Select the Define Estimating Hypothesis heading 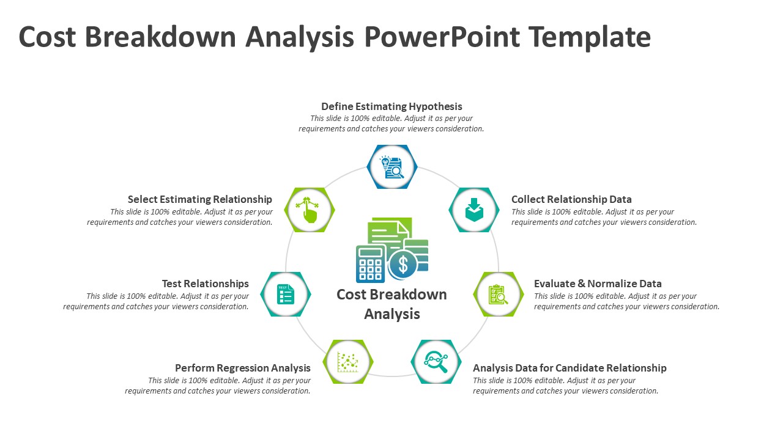pos(391,106)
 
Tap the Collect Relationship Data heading pos(571,199)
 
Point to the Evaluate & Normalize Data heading pos(598,284)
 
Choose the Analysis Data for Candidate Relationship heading pos(570,368)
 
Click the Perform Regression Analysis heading pos(243,368)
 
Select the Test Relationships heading pos(206,284)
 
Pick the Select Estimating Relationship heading pos(200,199)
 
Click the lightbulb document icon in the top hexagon pos(392,167)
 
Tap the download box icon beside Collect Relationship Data pos(474,210)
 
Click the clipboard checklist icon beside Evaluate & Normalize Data pos(498,295)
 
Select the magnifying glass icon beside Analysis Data pos(436,362)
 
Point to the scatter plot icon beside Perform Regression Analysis pos(348,362)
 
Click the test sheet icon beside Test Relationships pos(286,295)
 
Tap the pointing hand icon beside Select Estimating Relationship pos(309,210)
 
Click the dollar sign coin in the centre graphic pos(403,265)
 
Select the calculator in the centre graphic pos(370,264)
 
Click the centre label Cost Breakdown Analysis pos(392,304)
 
